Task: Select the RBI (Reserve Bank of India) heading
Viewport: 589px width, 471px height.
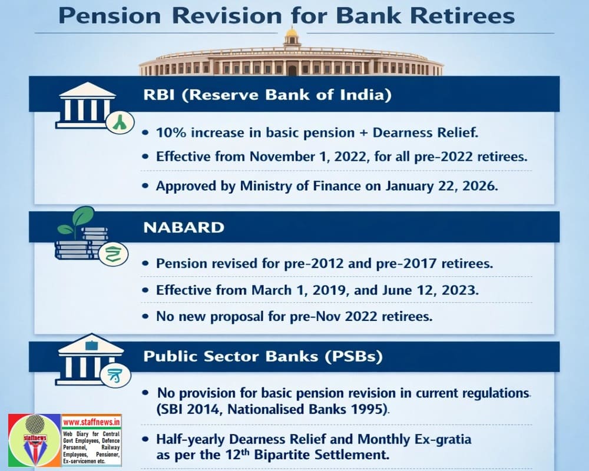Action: coord(267,95)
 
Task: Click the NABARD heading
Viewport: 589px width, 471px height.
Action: coord(184,227)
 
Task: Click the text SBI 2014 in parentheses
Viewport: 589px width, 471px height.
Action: coord(188,409)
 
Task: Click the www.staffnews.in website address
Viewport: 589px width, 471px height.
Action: coord(91,422)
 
